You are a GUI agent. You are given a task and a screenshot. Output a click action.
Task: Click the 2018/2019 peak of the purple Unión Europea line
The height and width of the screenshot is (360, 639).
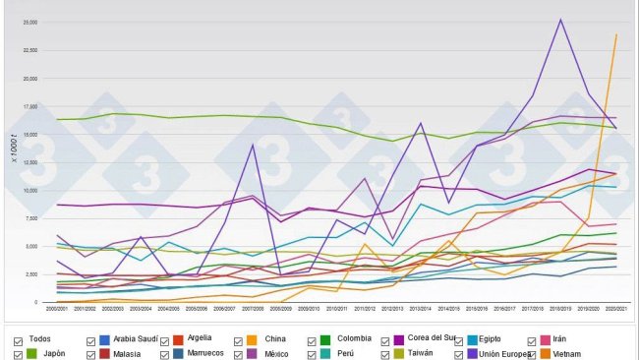pos(560,20)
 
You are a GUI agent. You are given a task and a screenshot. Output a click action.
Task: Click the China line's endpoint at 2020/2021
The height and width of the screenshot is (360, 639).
pos(615,35)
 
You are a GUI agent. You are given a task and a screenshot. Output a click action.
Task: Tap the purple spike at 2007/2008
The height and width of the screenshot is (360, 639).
pos(254,145)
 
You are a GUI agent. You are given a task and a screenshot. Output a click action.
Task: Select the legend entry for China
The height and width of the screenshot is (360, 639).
pos(275,339)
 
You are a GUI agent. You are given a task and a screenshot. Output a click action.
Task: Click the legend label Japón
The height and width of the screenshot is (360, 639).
pos(54,353)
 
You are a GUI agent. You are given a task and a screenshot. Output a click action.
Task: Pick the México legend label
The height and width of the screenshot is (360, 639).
pos(276,353)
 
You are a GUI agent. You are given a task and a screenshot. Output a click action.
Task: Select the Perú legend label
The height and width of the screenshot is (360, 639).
pos(345,353)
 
